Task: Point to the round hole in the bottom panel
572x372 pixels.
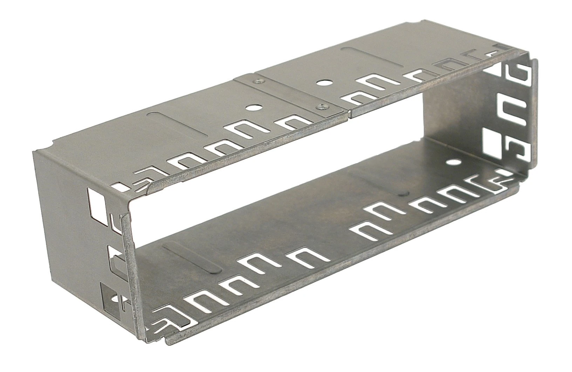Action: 454,162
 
